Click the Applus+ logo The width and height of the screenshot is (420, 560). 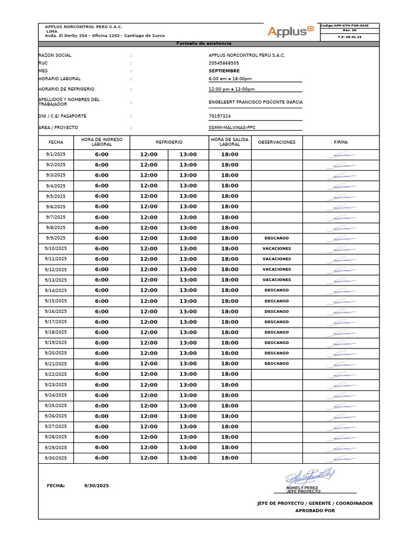click(x=290, y=31)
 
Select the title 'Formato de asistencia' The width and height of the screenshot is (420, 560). click(x=204, y=44)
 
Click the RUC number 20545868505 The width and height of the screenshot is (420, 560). click(x=224, y=63)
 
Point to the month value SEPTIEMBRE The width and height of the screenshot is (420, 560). click(x=224, y=71)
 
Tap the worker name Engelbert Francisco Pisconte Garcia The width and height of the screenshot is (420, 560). click(x=255, y=102)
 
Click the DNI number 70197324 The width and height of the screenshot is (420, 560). click(x=220, y=116)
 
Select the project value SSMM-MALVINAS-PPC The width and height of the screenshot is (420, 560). click(x=232, y=127)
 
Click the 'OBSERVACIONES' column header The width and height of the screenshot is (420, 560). click(x=276, y=142)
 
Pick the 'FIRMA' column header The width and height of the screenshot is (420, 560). click(x=341, y=142)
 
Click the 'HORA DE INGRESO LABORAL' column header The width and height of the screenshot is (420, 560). click(x=102, y=142)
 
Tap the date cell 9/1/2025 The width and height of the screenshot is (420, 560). click(x=56, y=155)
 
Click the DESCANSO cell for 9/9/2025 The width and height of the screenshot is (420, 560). click(x=276, y=238)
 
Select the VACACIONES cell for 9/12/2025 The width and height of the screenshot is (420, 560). click(x=276, y=270)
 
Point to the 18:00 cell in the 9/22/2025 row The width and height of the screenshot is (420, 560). click(x=230, y=374)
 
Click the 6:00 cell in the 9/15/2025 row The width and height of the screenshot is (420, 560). click(x=102, y=301)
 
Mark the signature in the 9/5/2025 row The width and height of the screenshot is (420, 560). click(x=341, y=196)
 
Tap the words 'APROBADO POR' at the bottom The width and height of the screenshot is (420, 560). click(x=315, y=511)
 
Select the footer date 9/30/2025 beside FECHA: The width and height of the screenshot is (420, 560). click(x=96, y=486)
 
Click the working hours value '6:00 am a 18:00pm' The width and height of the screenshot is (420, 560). click(x=230, y=79)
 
